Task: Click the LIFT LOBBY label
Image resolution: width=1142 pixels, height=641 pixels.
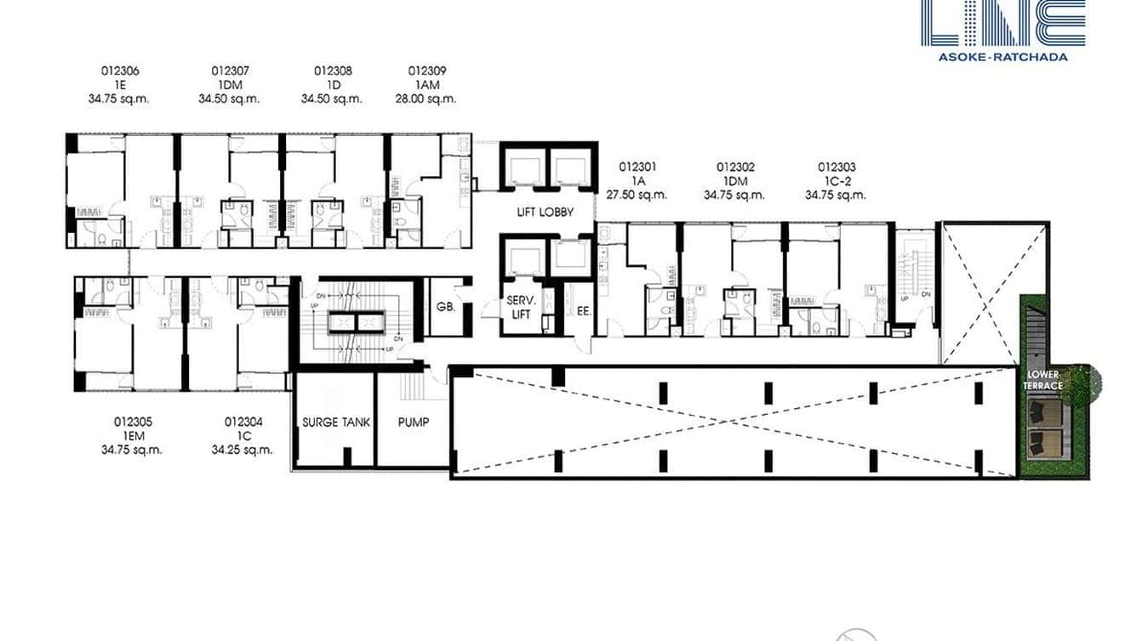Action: pos(545,212)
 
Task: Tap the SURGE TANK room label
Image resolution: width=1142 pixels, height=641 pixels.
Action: pos(336,422)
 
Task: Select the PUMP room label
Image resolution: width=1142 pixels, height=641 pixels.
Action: pos(414,422)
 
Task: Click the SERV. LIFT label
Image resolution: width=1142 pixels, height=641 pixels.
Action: pos(519,308)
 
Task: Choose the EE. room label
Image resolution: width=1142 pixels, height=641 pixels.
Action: pos(584,311)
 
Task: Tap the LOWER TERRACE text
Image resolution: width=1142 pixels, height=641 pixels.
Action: pos(1044,380)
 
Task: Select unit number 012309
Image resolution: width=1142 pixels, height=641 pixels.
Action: pos(427,71)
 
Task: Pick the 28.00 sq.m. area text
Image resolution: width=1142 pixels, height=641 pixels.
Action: pos(427,99)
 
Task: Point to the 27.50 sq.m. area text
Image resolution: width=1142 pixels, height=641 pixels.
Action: pos(637,195)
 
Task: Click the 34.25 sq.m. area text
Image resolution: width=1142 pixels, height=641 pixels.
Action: pos(243,450)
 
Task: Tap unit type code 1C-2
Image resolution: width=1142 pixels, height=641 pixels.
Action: pos(837,181)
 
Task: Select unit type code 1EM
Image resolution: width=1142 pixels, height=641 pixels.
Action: pos(132,435)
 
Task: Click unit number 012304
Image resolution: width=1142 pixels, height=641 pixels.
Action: pos(243,421)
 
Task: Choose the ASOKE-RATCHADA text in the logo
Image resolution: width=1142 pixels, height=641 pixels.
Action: pos(1002,57)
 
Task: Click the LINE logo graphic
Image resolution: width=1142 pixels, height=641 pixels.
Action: pos(1002,23)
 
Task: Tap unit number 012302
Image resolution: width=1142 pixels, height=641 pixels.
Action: pos(735,167)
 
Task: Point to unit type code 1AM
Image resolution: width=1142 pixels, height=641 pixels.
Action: pos(427,85)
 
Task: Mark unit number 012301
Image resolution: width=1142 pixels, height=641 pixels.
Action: pos(637,167)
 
